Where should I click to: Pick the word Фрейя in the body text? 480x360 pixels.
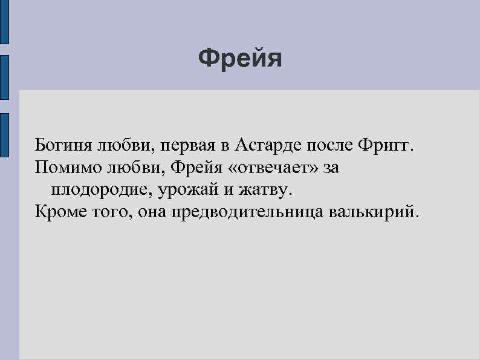pos(190,168)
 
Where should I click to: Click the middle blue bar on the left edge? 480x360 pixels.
pos(4,77)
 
